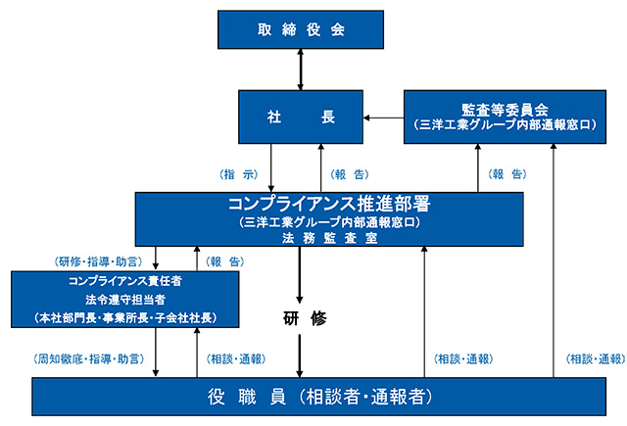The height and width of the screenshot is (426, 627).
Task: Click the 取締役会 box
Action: click(x=302, y=29)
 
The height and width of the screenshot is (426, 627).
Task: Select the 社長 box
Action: click(x=302, y=117)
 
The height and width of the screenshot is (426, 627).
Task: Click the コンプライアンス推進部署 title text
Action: click(x=329, y=205)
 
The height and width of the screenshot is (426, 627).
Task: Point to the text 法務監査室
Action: click(x=329, y=238)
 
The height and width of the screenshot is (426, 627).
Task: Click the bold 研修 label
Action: click(x=302, y=318)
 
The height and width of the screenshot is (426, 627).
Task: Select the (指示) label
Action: click(x=239, y=174)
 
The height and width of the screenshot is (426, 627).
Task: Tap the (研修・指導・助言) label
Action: click(x=98, y=262)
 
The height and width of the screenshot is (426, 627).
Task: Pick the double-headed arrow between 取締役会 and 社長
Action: click(x=302, y=71)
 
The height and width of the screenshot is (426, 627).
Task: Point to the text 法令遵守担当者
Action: click(x=125, y=300)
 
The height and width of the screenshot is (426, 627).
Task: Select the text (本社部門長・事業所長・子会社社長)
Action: click(x=125, y=318)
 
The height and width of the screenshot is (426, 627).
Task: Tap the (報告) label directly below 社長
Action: click(x=351, y=174)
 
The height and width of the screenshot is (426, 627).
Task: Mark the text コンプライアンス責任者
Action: click(x=125, y=281)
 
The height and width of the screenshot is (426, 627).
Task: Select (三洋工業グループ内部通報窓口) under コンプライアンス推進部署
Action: click(x=329, y=222)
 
